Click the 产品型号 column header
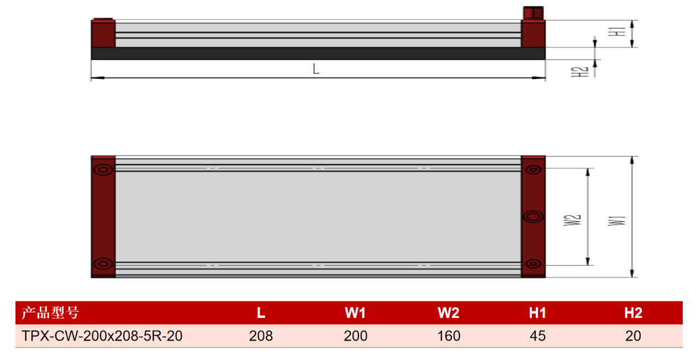50,313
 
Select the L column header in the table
261,313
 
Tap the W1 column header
355,313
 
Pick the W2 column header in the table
449,313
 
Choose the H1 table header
537,313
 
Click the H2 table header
633,313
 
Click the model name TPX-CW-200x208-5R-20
102,336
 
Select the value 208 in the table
261,336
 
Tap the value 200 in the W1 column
356,336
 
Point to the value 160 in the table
449,336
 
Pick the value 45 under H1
537,336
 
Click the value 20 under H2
633,336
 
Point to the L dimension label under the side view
316,68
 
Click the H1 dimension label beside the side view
617,31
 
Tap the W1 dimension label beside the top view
617,221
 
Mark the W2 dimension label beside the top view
572,220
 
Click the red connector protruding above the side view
533,13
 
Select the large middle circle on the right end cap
533,217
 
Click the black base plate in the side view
318,54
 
